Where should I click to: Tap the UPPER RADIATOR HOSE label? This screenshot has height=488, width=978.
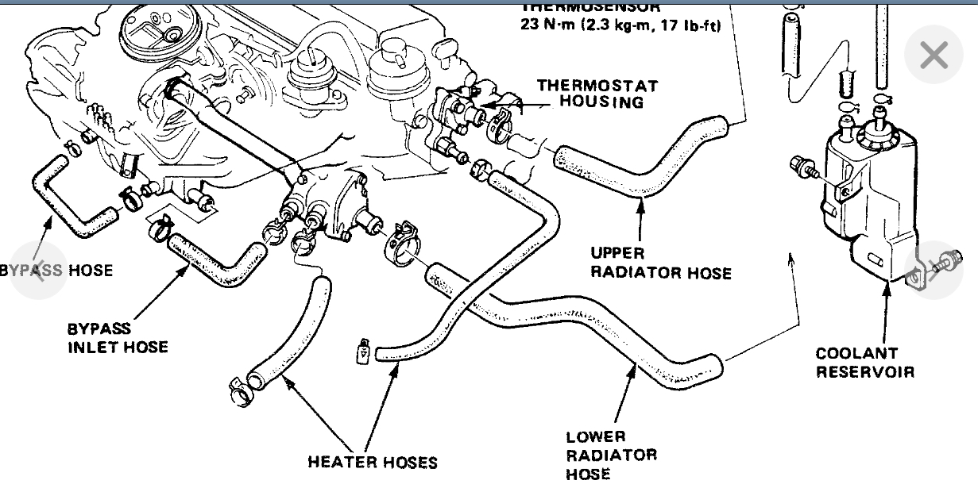660,263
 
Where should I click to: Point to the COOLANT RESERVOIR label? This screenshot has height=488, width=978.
865,362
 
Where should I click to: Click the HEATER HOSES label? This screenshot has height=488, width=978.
373,462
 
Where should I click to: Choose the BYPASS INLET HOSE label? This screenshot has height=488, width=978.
118,337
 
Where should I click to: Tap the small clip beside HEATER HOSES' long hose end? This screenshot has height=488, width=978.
362,349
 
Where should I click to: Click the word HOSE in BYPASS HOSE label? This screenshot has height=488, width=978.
90,271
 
